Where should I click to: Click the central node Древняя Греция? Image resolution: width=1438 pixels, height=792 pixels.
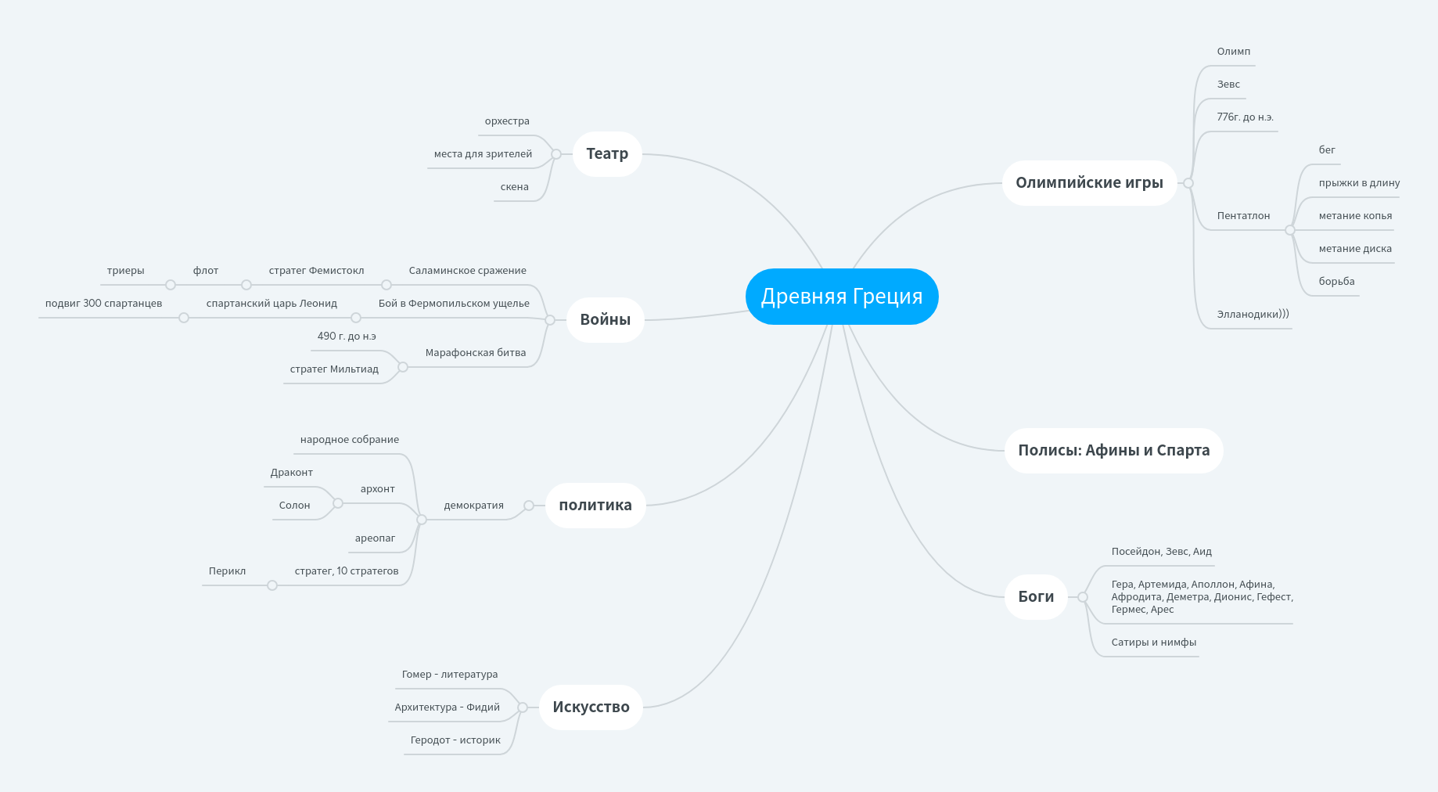click(842, 297)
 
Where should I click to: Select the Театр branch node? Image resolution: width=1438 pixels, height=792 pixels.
click(607, 154)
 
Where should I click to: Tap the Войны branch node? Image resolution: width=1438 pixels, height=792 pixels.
click(605, 319)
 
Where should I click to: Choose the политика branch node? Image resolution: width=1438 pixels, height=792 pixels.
click(595, 506)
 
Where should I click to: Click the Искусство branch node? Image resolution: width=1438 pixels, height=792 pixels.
click(591, 707)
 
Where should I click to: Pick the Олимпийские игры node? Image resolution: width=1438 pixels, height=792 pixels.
click(1089, 183)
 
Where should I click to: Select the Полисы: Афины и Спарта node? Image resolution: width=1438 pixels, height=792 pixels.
click(1113, 451)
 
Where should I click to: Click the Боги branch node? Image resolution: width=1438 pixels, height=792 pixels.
click(1036, 597)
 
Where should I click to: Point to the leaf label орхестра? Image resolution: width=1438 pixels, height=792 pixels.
click(507, 121)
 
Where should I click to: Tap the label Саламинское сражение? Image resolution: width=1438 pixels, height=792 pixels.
click(467, 271)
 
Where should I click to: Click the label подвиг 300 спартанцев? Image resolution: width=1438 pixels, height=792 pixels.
click(103, 304)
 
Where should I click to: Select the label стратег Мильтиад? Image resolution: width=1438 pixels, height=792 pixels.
click(334, 369)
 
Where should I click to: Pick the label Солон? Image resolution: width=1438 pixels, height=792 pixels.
click(294, 506)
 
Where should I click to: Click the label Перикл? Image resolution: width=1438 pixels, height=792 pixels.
click(227, 571)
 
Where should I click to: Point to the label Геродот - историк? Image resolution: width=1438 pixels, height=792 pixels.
click(455, 740)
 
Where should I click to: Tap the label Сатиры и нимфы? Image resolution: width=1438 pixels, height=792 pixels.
click(1153, 643)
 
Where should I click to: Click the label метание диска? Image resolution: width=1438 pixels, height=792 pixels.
click(1355, 249)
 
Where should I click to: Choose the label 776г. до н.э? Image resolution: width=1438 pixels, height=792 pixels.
click(1245, 117)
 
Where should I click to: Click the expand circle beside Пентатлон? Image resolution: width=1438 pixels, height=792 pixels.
click(1290, 230)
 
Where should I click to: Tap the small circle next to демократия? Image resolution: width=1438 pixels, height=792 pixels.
click(529, 506)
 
